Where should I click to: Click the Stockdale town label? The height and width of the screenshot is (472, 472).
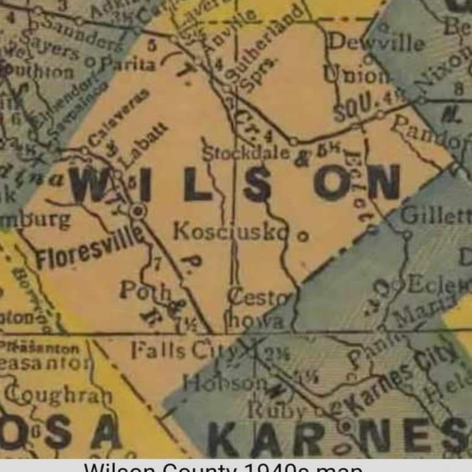pyautogui.click(x=245, y=153)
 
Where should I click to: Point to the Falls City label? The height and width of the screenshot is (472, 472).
pyautogui.click(x=184, y=350)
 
